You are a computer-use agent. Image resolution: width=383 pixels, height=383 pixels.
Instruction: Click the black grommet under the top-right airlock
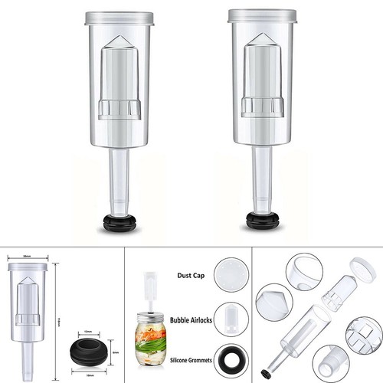[263, 219]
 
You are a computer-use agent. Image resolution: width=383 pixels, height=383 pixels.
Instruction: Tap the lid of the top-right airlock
[263, 15]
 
